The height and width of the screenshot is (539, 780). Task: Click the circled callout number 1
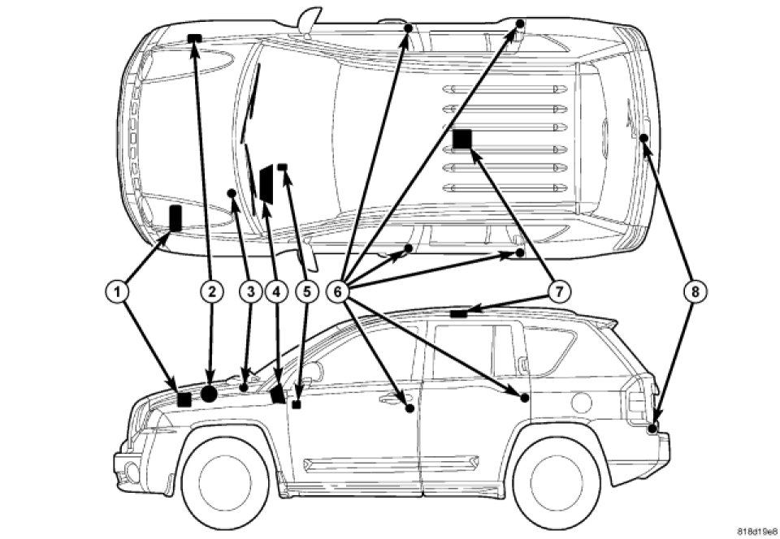[119, 289]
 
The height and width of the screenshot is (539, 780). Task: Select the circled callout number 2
[211, 289]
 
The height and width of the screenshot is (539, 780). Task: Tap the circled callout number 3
[249, 289]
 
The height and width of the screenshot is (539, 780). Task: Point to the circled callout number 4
[278, 289]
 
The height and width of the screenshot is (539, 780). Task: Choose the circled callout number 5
[306, 289]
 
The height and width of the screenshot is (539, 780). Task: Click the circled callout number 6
[340, 289]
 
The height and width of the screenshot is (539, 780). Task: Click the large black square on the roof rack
[462, 140]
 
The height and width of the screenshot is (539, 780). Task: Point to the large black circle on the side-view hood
[209, 394]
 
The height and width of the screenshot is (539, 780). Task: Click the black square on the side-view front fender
[184, 399]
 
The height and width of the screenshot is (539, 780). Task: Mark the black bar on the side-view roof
[459, 312]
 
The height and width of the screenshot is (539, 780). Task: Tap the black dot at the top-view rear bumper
[643, 139]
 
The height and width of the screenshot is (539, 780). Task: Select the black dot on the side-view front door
[410, 407]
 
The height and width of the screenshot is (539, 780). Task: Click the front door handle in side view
[391, 398]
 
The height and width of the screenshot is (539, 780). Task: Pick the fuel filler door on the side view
[583, 399]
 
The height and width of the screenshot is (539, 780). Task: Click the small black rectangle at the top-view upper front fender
[194, 38]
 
